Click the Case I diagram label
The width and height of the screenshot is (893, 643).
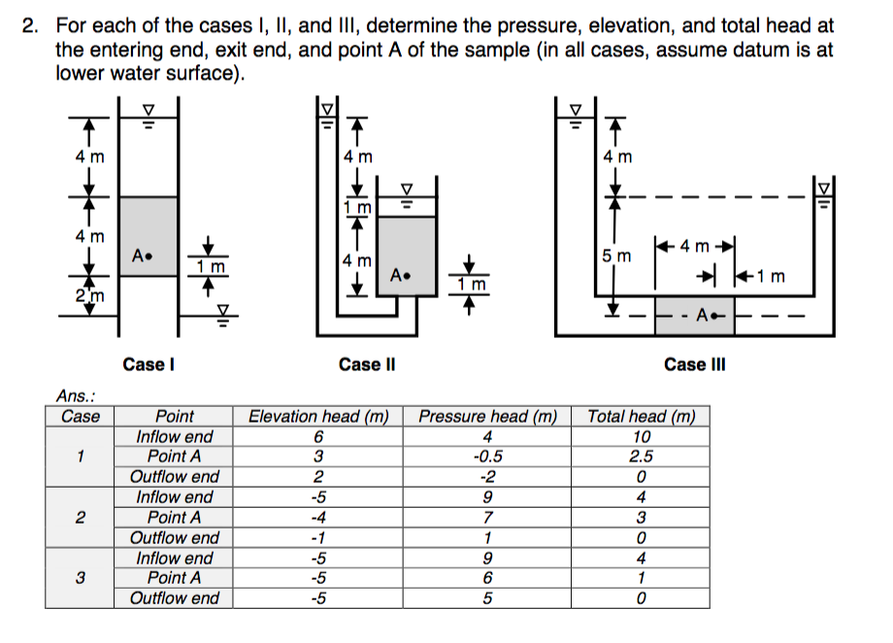tap(148, 364)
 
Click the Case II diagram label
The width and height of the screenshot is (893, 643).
tap(366, 364)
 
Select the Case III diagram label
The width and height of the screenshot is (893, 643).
tap(694, 364)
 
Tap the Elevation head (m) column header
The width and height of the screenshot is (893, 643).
tap(318, 417)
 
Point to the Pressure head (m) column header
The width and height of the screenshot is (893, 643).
tap(487, 417)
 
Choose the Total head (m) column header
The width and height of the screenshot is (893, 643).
tap(641, 417)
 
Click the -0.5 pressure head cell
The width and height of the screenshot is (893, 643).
tap(487, 457)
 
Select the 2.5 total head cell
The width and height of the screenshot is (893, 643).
tap(641, 457)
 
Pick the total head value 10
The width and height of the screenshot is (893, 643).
tap(641, 437)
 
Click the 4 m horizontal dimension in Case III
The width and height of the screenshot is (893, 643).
tap(694, 246)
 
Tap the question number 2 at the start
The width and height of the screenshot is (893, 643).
tap(30, 26)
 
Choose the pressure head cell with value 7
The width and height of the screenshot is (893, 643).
tap(487, 518)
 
